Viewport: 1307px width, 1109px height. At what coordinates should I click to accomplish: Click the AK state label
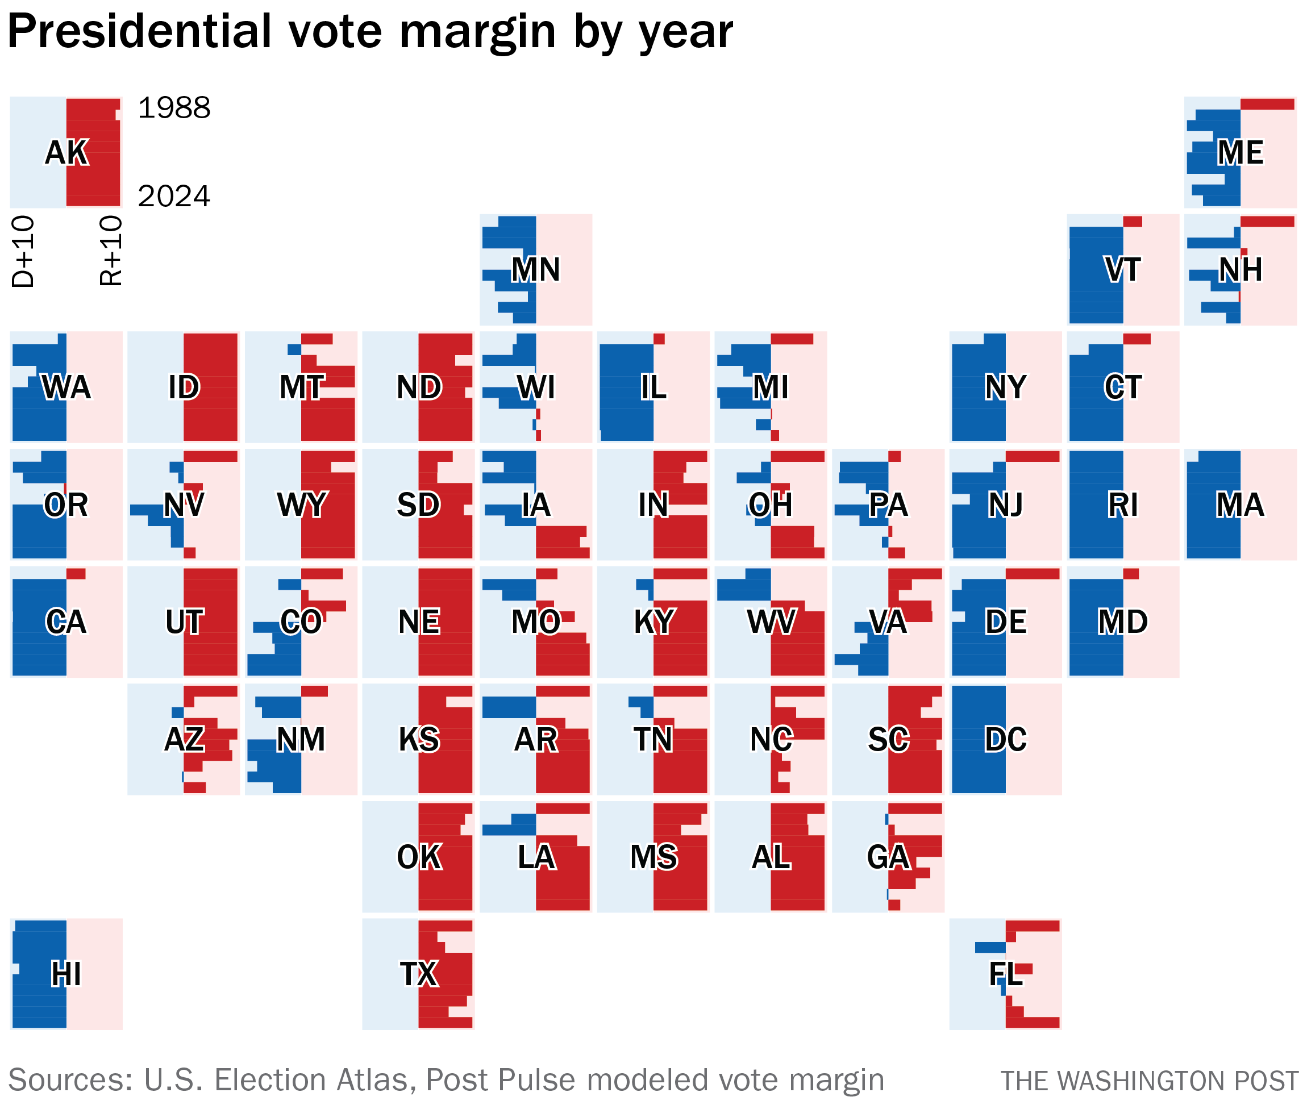coord(66,152)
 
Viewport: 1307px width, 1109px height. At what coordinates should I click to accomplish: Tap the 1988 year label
coord(173,108)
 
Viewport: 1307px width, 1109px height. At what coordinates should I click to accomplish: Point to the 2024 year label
coord(173,196)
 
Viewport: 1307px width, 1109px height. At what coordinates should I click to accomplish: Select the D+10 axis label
coord(23,252)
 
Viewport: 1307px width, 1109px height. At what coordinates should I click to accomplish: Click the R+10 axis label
coord(111,252)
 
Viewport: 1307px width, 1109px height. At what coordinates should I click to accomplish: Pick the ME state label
coord(1240,152)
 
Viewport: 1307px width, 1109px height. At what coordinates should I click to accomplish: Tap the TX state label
coord(419,974)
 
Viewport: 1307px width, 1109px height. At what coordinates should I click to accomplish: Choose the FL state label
coord(1005,974)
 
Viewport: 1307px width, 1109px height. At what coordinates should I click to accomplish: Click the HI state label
coord(66,974)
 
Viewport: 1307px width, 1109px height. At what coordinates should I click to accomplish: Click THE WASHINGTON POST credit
coord(1149,1081)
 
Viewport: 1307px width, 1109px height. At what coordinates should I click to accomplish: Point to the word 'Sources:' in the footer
coord(70,1080)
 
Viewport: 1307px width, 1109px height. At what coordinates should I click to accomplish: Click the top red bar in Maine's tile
coord(1267,105)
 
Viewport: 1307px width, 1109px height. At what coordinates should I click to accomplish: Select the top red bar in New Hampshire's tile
coord(1267,222)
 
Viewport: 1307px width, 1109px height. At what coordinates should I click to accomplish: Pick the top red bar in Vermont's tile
coord(1132,222)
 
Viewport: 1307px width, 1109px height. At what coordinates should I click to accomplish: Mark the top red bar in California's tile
coord(76,573)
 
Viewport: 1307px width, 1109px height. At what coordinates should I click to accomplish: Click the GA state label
coord(888,856)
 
